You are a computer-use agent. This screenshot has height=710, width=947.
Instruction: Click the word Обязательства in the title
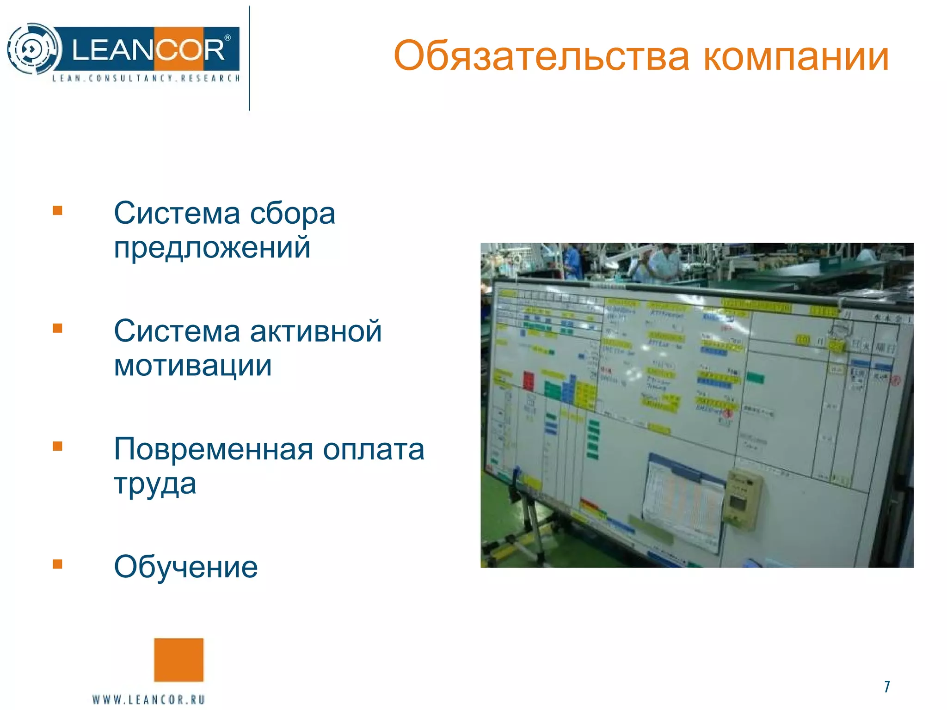click(x=541, y=56)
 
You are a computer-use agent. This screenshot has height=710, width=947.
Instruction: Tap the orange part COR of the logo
click(x=190, y=49)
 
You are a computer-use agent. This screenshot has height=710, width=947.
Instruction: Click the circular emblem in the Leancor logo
click(x=33, y=49)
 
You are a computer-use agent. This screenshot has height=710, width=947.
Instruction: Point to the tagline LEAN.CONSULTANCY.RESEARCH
click(x=146, y=79)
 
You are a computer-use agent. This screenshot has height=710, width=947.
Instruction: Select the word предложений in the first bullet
click(x=212, y=247)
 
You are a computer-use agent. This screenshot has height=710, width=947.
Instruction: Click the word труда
click(x=155, y=484)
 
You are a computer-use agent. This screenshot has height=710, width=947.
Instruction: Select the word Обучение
click(x=185, y=567)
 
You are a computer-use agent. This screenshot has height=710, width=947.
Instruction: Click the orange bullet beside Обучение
click(x=57, y=564)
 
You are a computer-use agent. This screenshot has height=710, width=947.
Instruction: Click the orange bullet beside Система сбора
click(x=57, y=211)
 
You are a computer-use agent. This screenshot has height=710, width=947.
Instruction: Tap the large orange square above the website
click(x=178, y=660)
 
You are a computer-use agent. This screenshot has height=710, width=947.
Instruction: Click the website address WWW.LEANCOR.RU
click(x=148, y=699)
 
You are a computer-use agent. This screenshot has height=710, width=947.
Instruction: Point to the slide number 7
click(x=886, y=686)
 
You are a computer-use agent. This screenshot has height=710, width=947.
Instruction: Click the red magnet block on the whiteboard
click(x=528, y=380)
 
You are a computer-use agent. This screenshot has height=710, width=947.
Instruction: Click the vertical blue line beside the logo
click(x=249, y=58)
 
